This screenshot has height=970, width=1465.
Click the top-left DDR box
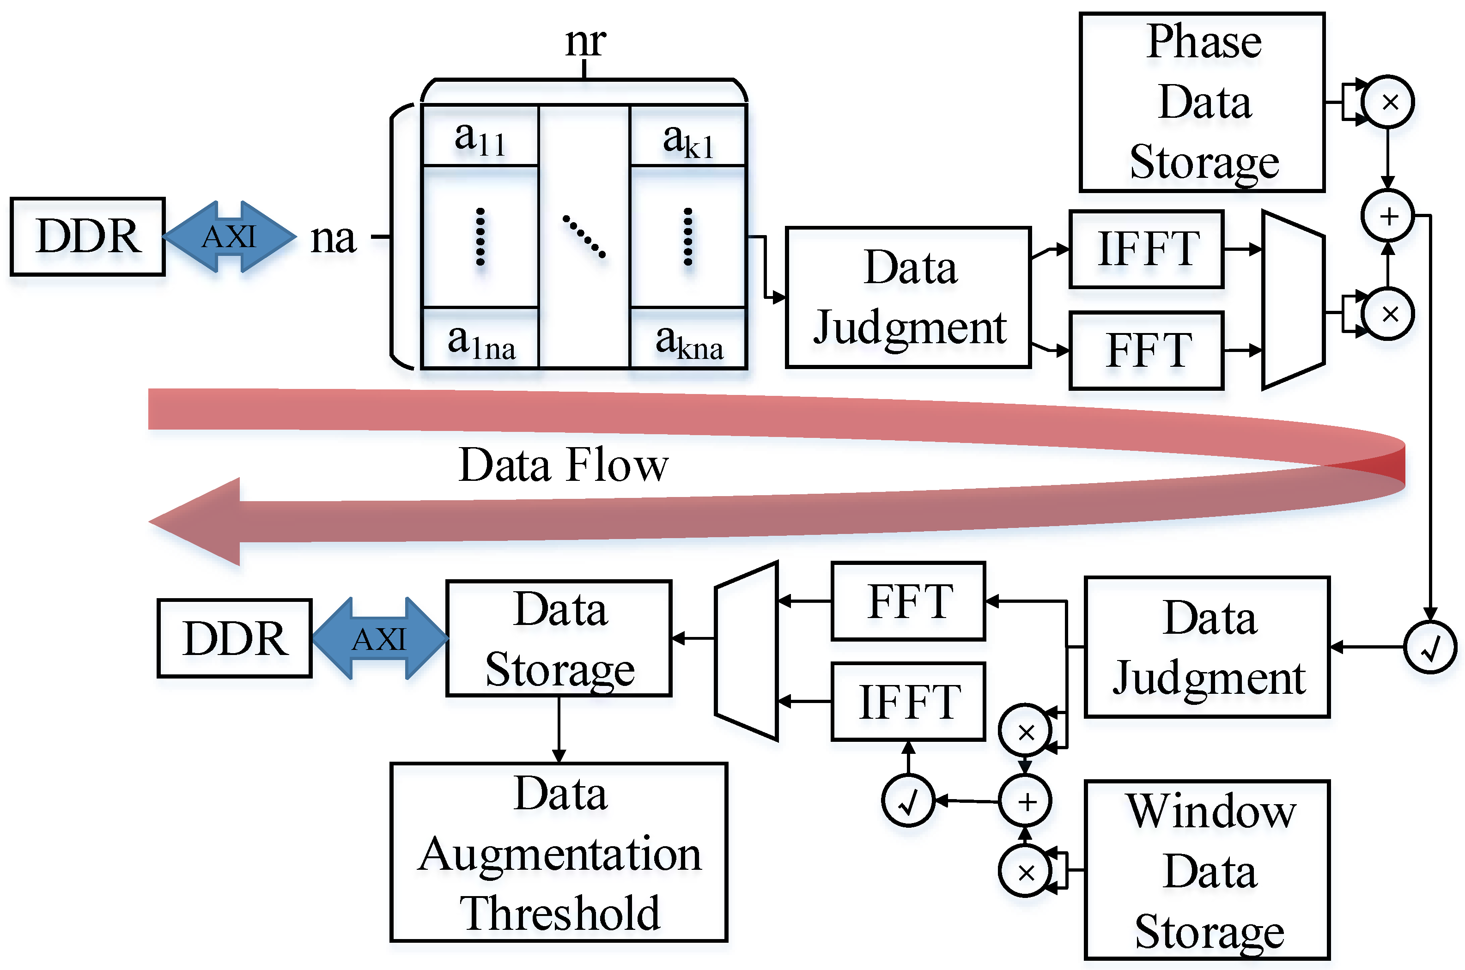click(x=87, y=236)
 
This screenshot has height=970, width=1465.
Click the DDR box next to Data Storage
click(x=235, y=638)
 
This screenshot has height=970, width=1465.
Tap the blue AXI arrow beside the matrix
click(x=229, y=236)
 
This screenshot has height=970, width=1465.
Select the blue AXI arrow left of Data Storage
click(x=379, y=638)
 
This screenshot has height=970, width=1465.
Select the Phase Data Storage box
click(x=1202, y=102)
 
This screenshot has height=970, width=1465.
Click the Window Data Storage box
click(x=1207, y=870)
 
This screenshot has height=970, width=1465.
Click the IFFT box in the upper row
click(x=1146, y=249)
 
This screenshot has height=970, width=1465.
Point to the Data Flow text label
click(x=563, y=465)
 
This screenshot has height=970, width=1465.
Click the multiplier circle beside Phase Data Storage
click(x=1389, y=102)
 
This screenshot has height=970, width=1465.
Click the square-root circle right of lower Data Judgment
click(x=1430, y=647)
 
